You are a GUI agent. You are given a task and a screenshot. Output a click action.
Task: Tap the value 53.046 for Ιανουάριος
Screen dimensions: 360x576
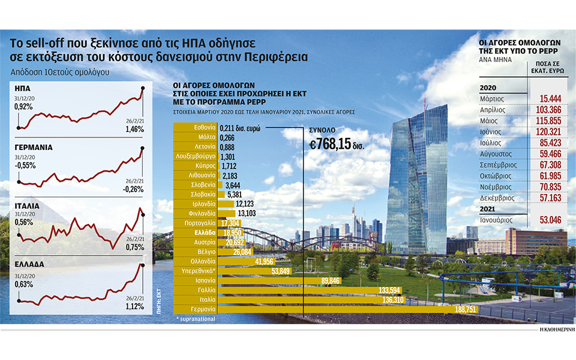point(547,220)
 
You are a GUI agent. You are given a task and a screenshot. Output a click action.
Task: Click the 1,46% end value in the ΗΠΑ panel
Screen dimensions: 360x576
point(134,128)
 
